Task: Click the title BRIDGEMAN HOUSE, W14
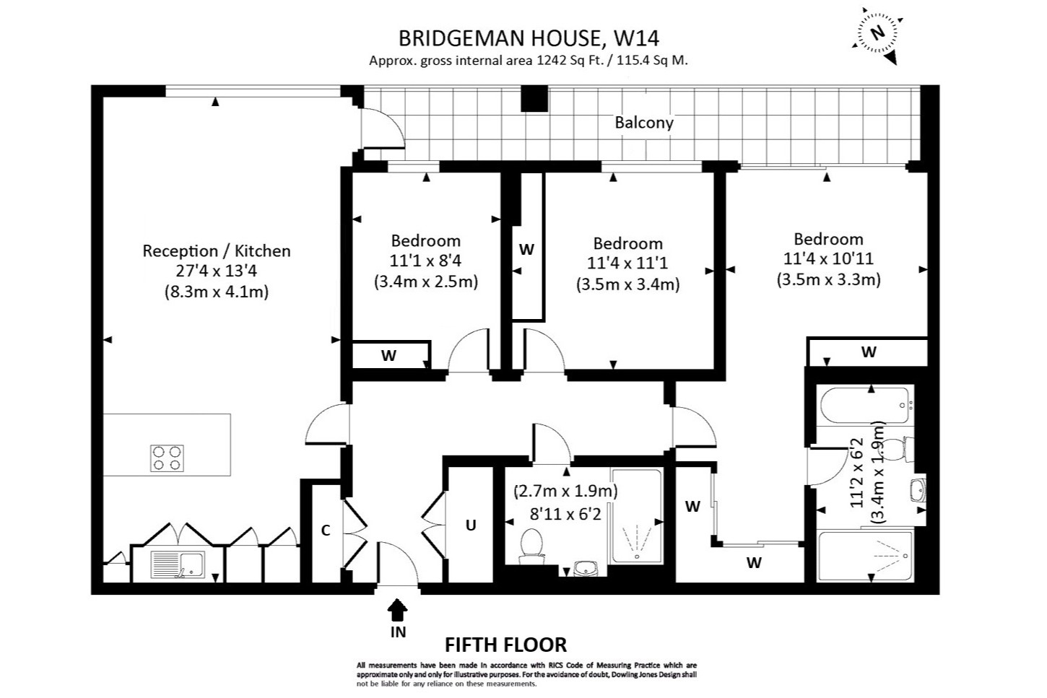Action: [529, 38]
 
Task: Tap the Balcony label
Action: [643, 123]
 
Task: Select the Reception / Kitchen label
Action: [216, 251]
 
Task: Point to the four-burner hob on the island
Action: [167, 458]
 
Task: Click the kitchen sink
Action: [178, 564]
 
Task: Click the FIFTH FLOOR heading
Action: [505, 645]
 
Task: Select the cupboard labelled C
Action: [326, 531]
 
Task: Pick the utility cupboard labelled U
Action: [471, 525]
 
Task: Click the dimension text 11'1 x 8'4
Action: [425, 261]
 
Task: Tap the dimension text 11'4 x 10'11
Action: [828, 258]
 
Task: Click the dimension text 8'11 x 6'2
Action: [565, 514]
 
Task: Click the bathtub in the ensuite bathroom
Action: [862, 406]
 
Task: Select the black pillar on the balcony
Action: [535, 99]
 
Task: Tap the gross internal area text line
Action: [529, 61]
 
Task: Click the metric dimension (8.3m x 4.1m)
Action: [216, 292]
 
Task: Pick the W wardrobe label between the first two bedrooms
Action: [526, 250]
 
